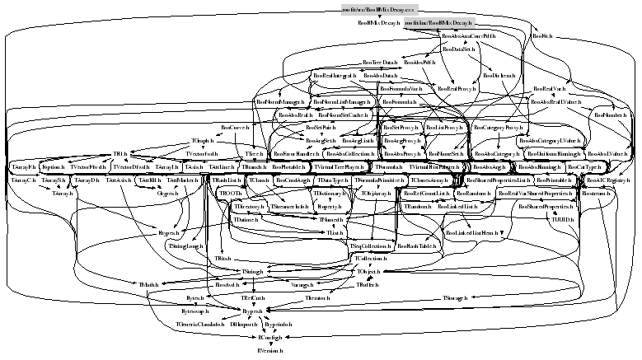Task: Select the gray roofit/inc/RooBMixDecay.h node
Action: click(439, 24)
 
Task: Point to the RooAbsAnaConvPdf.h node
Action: click(468, 37)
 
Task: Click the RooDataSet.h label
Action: click(458, 49)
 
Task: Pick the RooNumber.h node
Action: click(612, 115)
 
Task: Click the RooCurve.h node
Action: click(235, 128)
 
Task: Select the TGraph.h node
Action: click(203, 141)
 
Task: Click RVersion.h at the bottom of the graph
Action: click(269, 350)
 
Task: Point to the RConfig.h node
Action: click(269, 338)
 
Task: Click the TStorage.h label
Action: click(456, 297)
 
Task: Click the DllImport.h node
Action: click(244, 325)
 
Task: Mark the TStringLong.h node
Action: click(185, 245)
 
